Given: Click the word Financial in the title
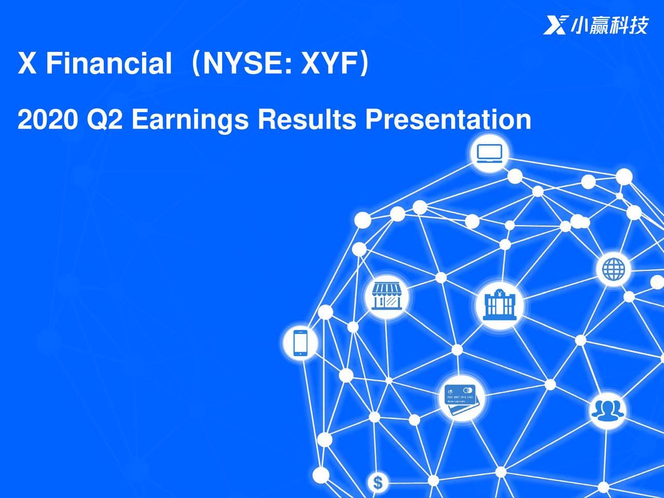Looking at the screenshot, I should tap(108, 64).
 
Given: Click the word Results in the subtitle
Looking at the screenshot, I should tap(307, 119).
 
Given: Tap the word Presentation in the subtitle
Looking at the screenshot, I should tap(448, 119).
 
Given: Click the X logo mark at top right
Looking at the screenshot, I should tap(556, 24).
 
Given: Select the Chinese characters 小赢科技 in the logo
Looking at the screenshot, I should tap(610, 24).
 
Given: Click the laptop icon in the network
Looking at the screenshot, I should tap(489, 153).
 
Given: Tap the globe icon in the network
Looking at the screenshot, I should tap(614, 269).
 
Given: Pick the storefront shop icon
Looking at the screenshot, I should tap(386, 297).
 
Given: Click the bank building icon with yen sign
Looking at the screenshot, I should tap(499, 305).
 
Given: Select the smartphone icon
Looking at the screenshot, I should tap(300, 343).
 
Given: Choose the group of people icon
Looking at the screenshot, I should tap(607, 410).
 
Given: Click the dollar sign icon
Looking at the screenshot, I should tap(378, 483).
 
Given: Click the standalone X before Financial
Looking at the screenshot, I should tap(27, 64).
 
